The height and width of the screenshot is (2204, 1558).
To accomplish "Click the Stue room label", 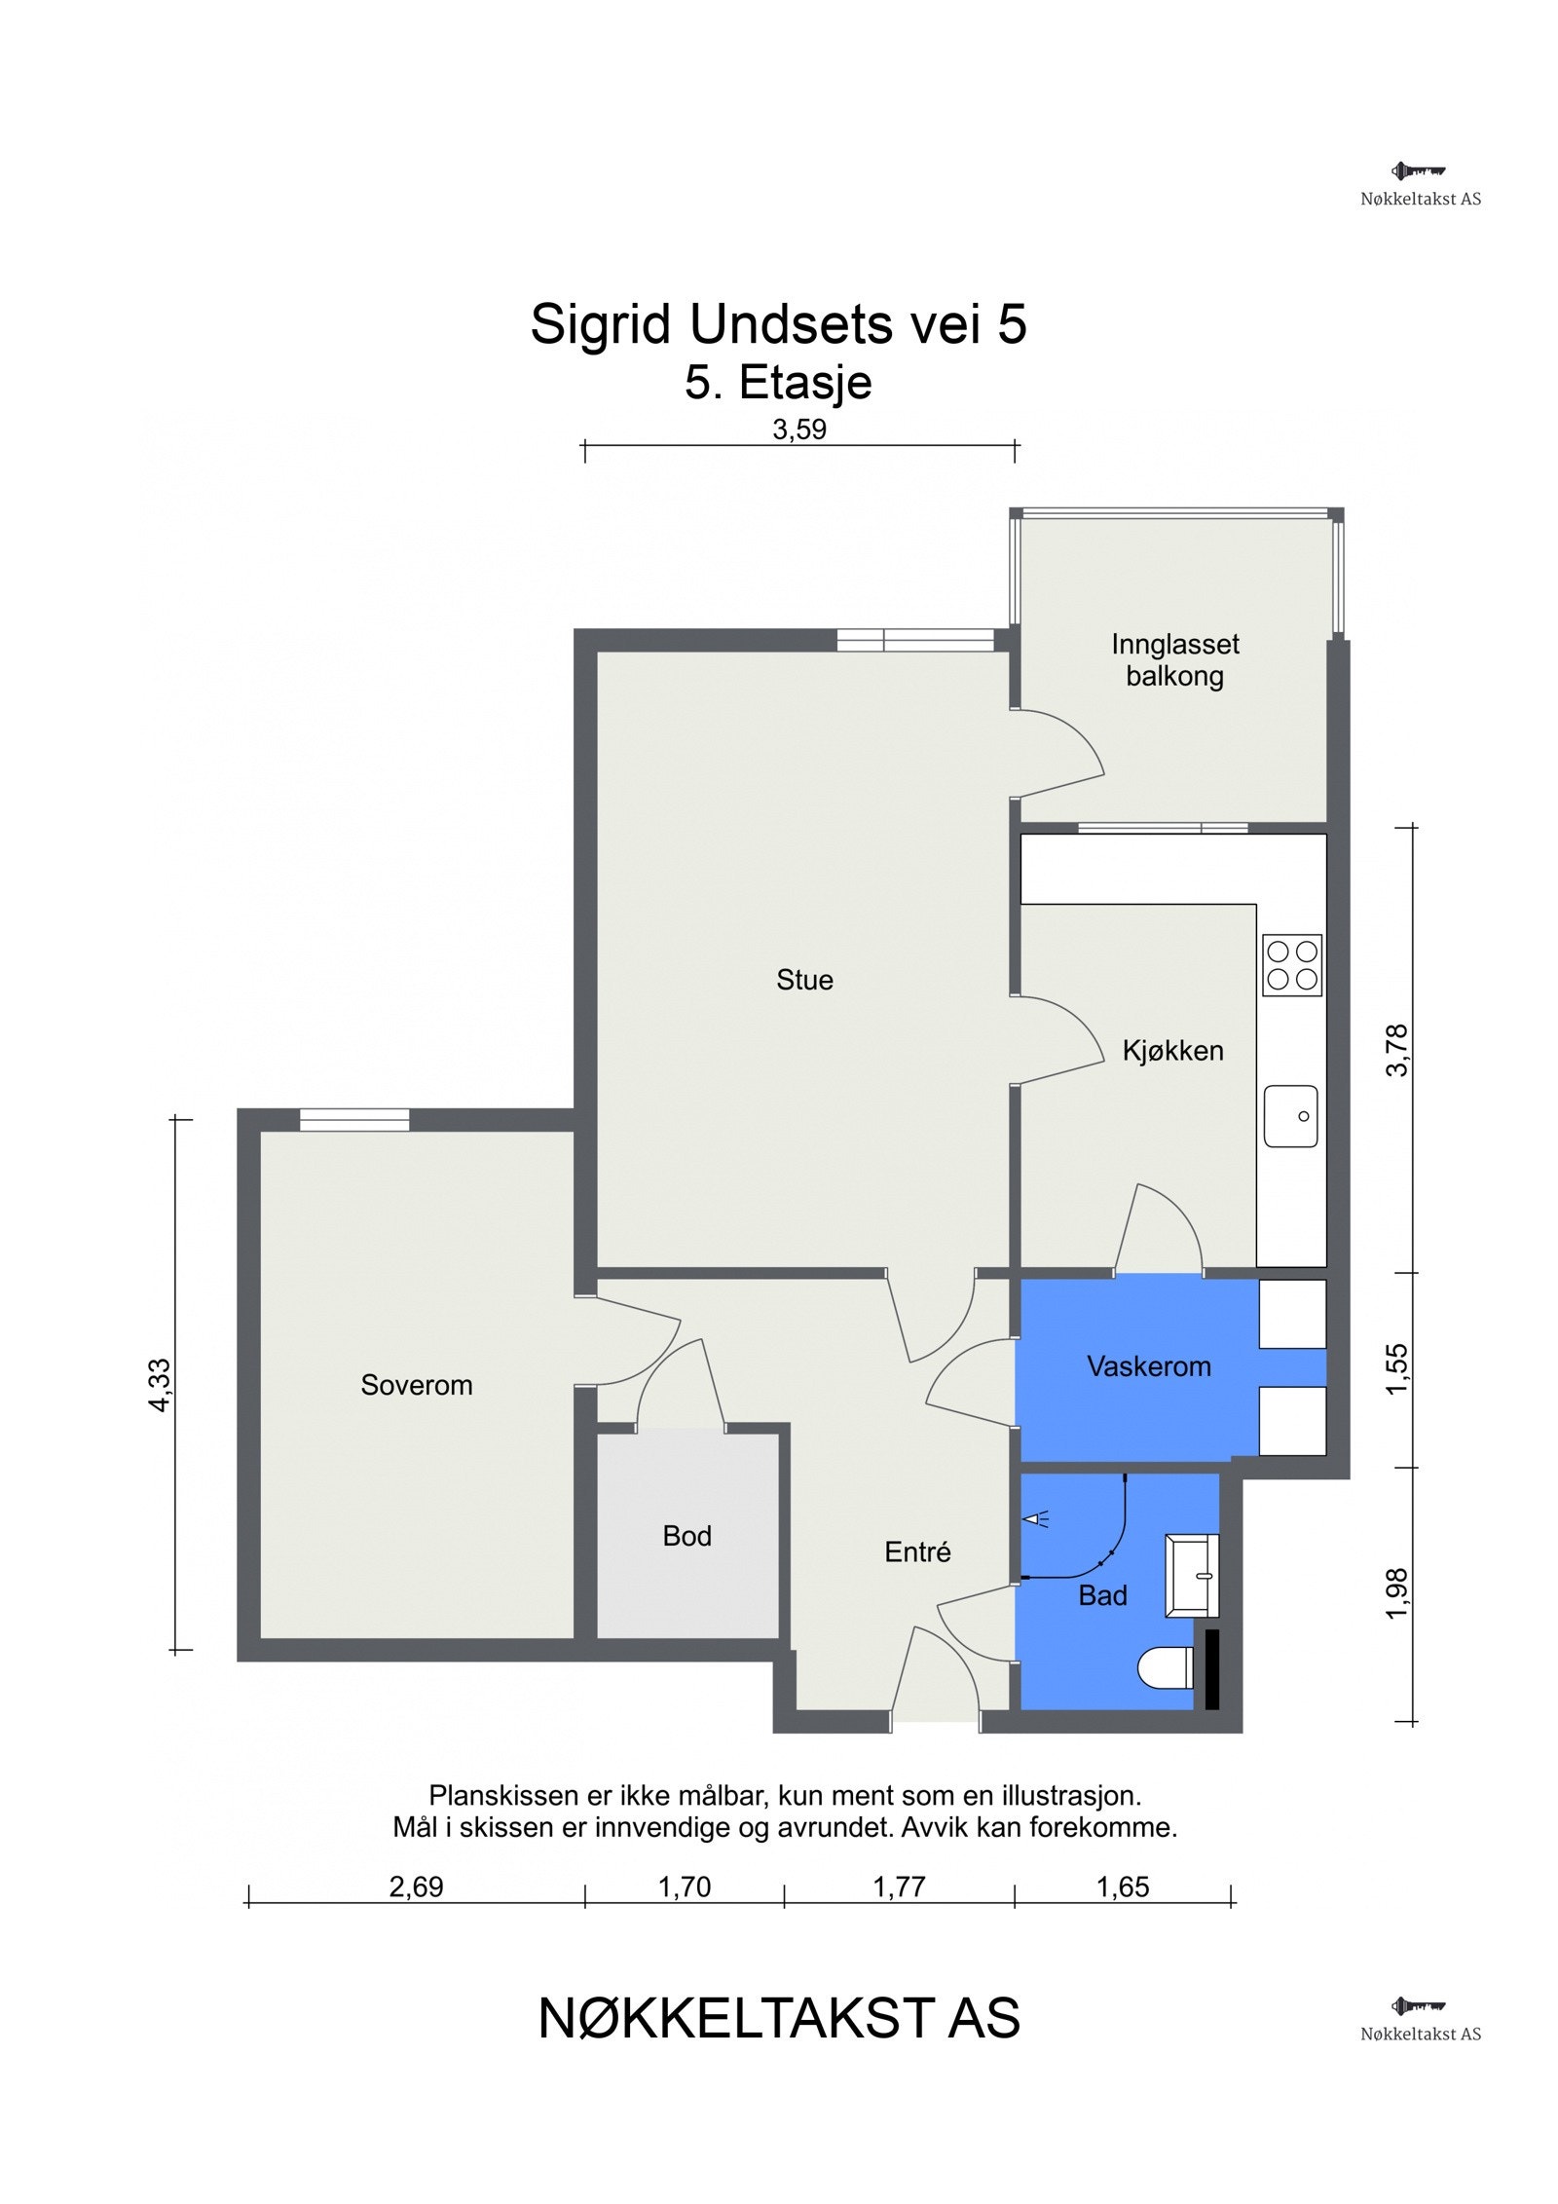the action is [804, 980].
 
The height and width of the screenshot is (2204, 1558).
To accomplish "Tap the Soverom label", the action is [417, 1385].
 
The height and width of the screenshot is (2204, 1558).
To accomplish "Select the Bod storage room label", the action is [687, 1536].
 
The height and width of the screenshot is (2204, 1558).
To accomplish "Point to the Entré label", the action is [917, 1551].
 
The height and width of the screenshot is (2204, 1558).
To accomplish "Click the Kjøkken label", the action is [1172, 1051].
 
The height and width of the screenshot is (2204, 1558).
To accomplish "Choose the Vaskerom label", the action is [1149, 1366].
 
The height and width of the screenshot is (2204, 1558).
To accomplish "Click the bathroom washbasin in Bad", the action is [1192, 1575].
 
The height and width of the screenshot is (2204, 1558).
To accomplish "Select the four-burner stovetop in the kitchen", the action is [1292, 965].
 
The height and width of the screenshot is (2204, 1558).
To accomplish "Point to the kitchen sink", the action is [1291, 1116].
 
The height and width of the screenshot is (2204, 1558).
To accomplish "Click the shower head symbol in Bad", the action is [1036, 1518].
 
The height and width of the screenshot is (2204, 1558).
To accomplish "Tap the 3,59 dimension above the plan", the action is [799, 430].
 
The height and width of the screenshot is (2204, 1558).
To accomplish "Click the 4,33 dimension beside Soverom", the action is [159, 1385].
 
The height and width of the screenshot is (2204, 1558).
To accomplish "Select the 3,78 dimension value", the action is [1396, 1050].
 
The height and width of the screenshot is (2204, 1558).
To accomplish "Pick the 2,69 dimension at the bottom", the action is [416, 1887].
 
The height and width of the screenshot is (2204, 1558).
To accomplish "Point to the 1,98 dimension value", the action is [1396, 1594].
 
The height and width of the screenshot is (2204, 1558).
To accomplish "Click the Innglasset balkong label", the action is [1175, 659].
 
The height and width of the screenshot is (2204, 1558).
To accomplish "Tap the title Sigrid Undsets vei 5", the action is [778, 323].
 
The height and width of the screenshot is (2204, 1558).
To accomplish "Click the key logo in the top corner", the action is [1419, 171].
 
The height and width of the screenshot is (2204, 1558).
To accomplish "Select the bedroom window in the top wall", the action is [354, 1120].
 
